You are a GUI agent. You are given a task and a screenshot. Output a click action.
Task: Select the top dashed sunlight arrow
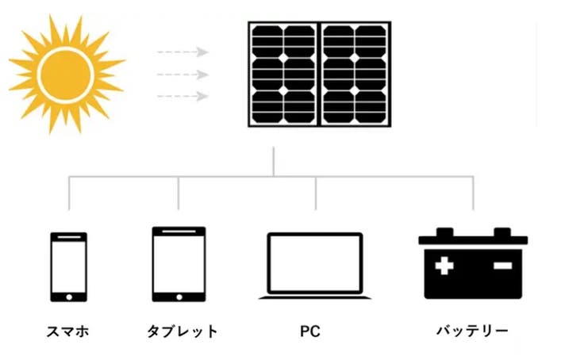pyautogui.click(x=182, y=52)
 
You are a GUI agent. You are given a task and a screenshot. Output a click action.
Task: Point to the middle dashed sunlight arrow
pyautogui.click(x=182, y=75)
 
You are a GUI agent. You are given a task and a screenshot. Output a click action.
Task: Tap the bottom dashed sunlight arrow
pyautogui.click(x=182, y=97)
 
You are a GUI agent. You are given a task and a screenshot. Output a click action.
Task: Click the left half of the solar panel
pyautogui.click(x=283, y=73)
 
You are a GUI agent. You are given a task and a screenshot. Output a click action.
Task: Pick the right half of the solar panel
pyautogui.click(x=354, y=73)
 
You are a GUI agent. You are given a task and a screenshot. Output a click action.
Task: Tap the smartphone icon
pyautogui.click(x=68, y=266)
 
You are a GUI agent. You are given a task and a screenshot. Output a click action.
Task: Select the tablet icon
pyautogui.click(x=179, y=264)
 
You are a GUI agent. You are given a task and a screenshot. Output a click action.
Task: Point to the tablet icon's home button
pyautogui.click(x=179, y=295)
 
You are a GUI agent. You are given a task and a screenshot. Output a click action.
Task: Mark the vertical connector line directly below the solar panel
pyautogui.click(x=273, y=160)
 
